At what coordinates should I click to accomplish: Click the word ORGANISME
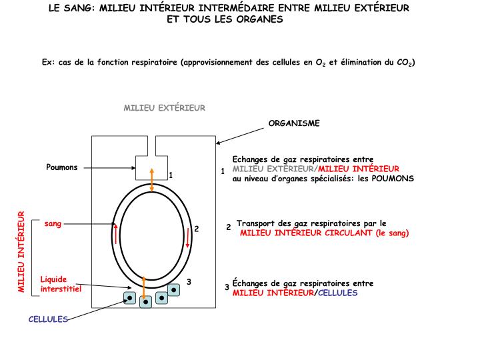(x=294, y=123)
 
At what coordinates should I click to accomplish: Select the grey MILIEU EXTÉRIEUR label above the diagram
(x=164, y=107)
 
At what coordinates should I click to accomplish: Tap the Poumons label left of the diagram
(x=62, y=167)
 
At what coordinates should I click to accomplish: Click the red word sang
(x=53, y=223)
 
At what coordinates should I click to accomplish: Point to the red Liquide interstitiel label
(x=60, y=285)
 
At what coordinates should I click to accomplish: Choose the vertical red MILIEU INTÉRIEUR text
(x=21, y=252)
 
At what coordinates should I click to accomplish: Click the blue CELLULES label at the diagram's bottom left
(x=48, y=319)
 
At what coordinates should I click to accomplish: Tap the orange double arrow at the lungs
(x=152, y=180)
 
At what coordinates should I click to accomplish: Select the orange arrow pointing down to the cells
(x=143, y=283)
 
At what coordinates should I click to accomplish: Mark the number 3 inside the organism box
(x=189, y=282)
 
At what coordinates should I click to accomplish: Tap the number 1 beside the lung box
(x=171, y=175)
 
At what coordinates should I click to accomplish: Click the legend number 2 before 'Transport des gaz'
(x=228, y=227)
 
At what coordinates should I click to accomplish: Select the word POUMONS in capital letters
(x=393, y=179)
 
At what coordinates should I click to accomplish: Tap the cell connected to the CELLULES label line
(x=131, y=298)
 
